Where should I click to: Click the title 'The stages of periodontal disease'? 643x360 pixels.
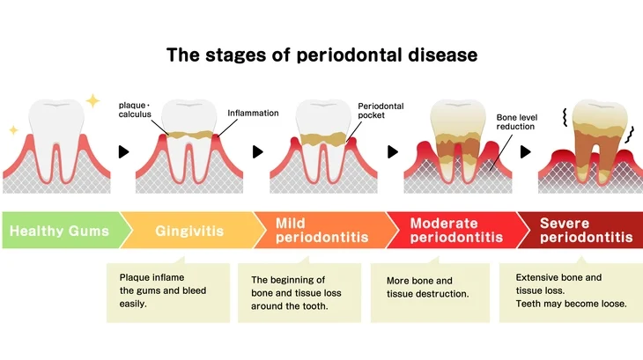[321, 55]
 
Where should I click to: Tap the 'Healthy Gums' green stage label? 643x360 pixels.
[60, 231]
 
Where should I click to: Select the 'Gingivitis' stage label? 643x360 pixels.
[189, 231]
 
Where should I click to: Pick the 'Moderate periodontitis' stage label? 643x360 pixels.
[456, 231]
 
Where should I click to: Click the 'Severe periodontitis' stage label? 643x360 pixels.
[585, 231]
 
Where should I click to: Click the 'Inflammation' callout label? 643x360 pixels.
[253, 114]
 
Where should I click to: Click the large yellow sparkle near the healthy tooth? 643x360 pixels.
[92, 100]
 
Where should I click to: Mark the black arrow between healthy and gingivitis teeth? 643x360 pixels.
[123, 151]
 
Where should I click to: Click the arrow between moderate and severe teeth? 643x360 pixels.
[526, 151]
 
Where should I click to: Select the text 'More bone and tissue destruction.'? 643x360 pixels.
[428, 287]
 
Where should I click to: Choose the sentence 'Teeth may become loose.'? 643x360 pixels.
[571, 305]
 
